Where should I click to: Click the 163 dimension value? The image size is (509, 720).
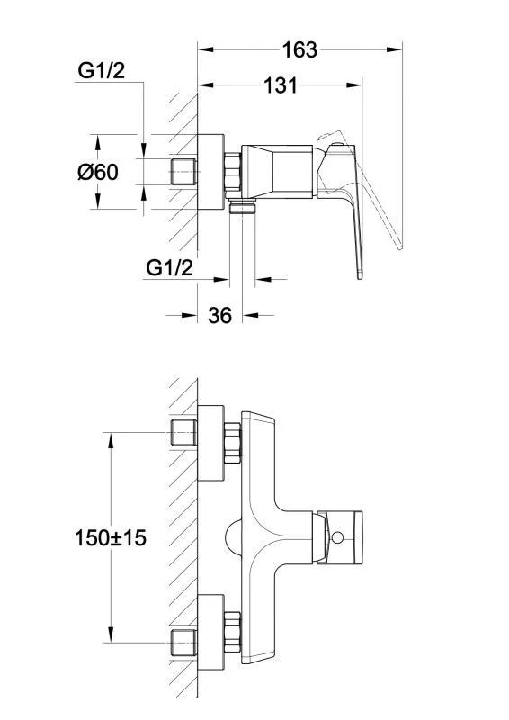(299, 50)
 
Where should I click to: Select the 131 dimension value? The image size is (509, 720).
(280, 85)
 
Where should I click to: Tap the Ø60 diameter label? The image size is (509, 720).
(98, 172)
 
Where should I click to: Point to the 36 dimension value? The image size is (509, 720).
(219, 316)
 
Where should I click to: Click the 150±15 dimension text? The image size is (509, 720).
(110, 537)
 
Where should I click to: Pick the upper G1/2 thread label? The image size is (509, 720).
(101, 71)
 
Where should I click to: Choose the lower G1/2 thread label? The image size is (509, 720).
(169, 268)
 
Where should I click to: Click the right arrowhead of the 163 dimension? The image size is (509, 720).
(395, 49)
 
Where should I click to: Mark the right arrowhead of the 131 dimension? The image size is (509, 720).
(354, 85)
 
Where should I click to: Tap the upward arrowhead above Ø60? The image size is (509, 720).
(97, 142)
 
